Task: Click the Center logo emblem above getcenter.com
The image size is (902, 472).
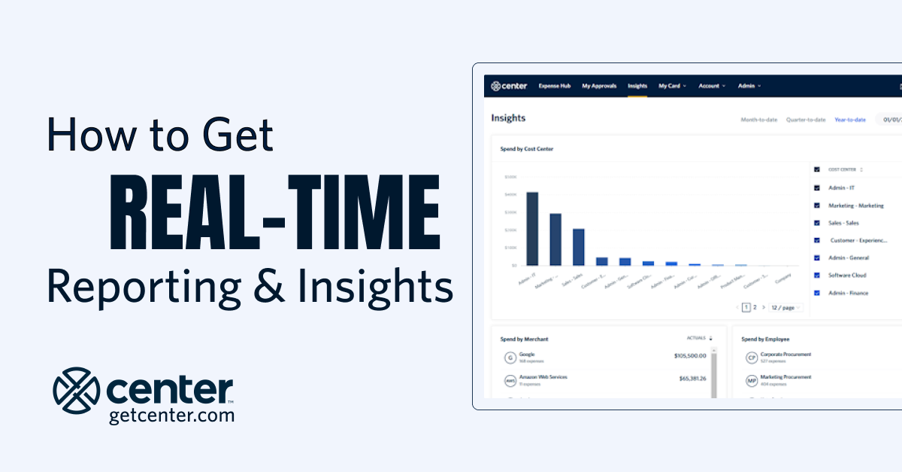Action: [77, 390]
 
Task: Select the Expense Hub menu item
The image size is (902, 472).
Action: [555, 86]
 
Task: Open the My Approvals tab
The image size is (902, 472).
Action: [599, 86]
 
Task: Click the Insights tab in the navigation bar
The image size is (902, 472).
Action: [637, 86]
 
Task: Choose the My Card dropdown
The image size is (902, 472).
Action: [672, 86]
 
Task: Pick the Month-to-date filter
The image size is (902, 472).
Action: [759, 120]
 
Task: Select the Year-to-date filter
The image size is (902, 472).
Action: [850, 120]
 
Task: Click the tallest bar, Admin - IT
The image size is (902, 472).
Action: [532, 228]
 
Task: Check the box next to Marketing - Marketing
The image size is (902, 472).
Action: [817, 206]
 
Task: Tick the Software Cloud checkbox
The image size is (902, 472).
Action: [817, 276]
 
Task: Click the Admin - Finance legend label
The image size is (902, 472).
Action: [849, 293]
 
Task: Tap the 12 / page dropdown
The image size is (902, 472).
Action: [786, 307]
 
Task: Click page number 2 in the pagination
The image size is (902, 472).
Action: [755, 307]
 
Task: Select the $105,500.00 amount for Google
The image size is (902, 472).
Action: [690, 356]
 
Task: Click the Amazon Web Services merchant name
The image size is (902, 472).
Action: [543, 376]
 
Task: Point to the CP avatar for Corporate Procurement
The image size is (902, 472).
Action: [751, 358]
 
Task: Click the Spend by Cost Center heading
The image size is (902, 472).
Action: [527, 149]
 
